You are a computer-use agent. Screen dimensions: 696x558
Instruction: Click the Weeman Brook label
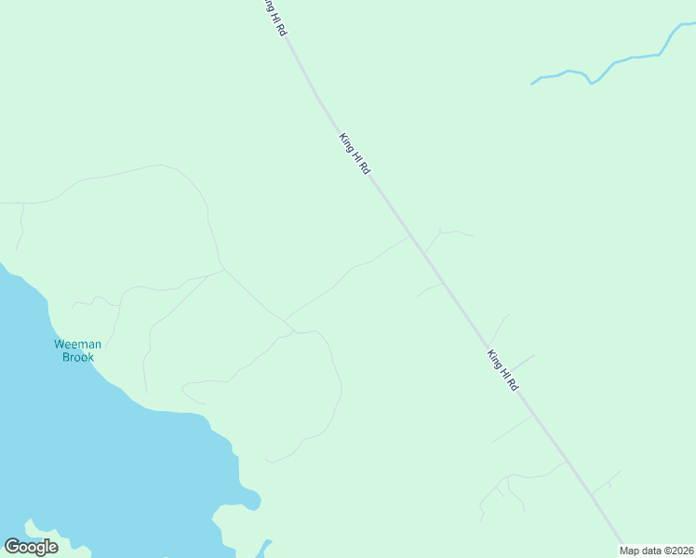(x=77, y=351)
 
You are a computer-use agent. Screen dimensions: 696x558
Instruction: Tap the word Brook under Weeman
(x=78, y=357)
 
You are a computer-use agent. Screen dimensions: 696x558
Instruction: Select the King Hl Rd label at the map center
(x=355, y=154)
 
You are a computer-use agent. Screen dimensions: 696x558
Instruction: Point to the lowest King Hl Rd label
(x=502, y=370)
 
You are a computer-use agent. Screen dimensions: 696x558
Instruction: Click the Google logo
(x=32, y=546)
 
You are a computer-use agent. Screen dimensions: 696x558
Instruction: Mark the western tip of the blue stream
(x=532, y=84)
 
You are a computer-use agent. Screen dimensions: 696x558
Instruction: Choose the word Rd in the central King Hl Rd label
(x=365, y=169)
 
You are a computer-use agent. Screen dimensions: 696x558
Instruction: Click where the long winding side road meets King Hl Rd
(x=410, y=237)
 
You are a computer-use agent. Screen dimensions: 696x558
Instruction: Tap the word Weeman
(x=77, y=344)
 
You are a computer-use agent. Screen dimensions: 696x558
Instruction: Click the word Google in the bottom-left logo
(x=32, y=546)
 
